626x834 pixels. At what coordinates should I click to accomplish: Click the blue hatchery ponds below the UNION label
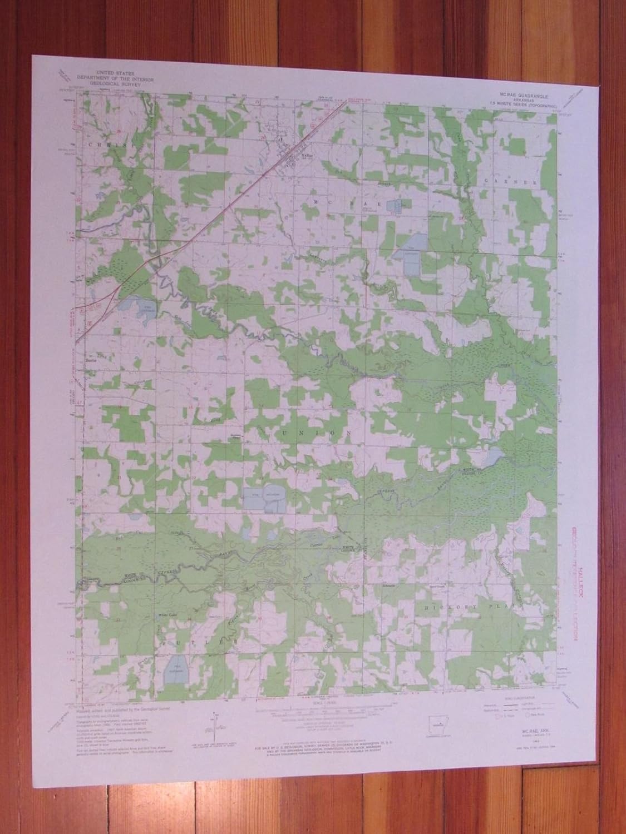tap(264, 500)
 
